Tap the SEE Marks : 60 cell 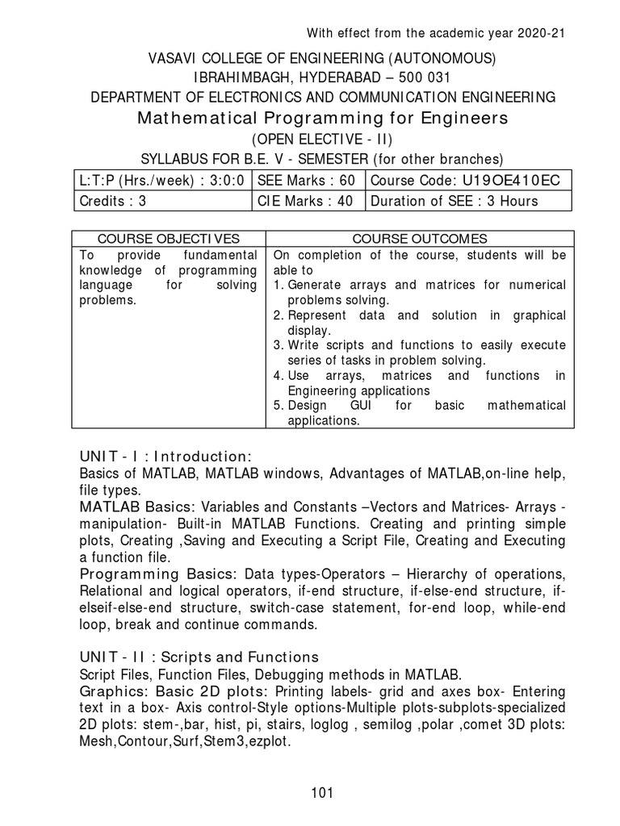point(308,180)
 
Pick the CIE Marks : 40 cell point(308,201)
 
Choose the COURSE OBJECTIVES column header point(168,238)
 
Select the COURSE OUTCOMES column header point(419,238)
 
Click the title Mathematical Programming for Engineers point(323,119)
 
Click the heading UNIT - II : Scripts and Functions point(199,657)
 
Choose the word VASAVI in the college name point(174,58)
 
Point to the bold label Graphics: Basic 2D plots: point(174,692)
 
